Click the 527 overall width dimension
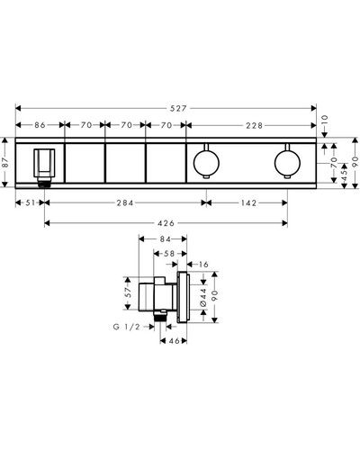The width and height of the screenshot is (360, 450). coord(178,108)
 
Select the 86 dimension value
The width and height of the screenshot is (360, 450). coord(40,125)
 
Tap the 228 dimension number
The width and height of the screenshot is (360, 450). coord(255,125)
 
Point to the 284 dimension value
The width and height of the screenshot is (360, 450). coord(125,203)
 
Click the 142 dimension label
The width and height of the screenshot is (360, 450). coord(249,203)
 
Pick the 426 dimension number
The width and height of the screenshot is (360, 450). coord(166,223)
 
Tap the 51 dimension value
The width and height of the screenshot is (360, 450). coord(31,202)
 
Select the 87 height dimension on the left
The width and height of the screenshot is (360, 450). coord(6,162)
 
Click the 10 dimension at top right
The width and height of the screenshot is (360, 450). coord(325,121)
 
